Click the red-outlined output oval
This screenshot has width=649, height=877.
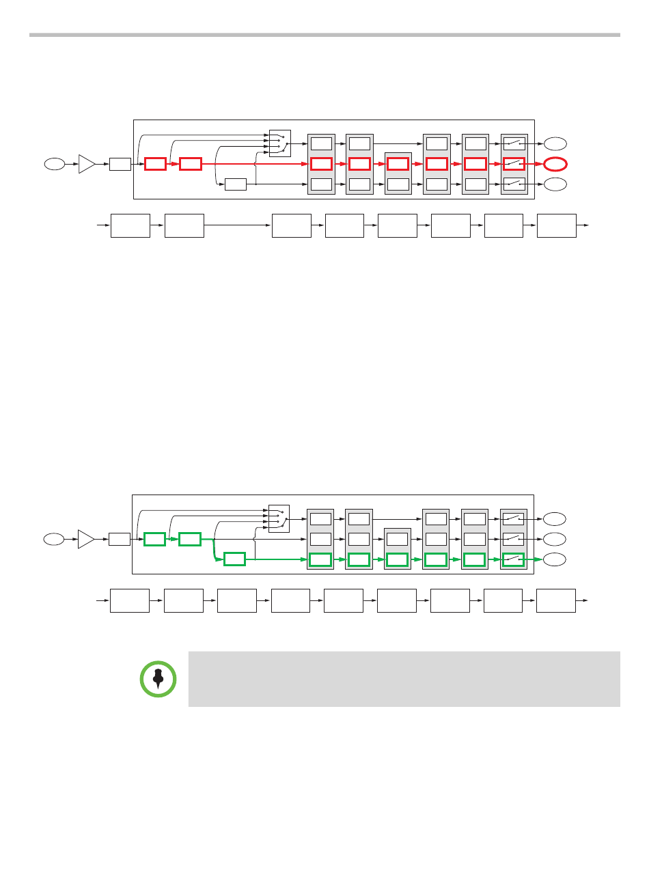pos(555,164)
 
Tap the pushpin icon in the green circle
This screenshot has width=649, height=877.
pos(158,679)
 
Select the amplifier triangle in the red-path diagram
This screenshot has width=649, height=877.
pos(87,164)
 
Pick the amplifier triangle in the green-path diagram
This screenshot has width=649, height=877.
pos(86,539)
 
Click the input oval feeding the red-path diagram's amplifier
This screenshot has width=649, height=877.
pos(54,164)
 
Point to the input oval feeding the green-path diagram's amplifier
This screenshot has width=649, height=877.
pos(53,539)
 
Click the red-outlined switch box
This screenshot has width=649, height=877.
pos(514,164)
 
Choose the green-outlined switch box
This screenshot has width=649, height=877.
pos(513,559)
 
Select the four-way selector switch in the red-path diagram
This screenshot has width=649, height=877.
pos(280,143)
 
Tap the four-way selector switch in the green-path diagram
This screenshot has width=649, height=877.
pos(279,518)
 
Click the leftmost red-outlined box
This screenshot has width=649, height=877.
pos(155,164)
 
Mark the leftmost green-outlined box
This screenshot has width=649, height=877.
pos(154,539)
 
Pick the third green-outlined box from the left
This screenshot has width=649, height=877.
pos(234,559)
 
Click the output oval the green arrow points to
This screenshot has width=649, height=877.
pos(555,559)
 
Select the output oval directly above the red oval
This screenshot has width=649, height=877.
pos(555,143)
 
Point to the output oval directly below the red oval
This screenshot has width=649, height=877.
pos(555,184)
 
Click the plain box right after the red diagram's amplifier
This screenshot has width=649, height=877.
pos(120,164)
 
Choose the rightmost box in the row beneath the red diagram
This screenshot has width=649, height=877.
pos(557,225)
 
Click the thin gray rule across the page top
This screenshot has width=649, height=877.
pos(324,35)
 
